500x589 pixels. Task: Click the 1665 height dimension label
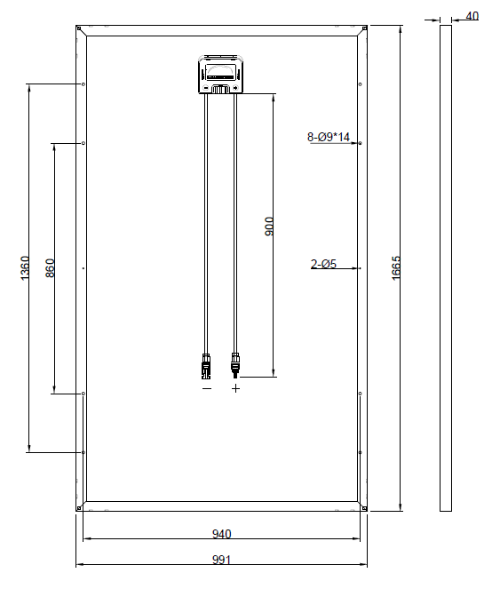coord(396,268)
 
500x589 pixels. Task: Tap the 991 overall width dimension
coord(222,560)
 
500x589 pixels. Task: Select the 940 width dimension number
coord(222,534)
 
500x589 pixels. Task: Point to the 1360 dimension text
coord(24,268)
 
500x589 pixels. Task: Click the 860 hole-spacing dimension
coord(50,268)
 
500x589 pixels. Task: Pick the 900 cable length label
coord(269,227)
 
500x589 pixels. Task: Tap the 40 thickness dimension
coord(472,16)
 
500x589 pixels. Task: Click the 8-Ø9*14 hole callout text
coord(329,137)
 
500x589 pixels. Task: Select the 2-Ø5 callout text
coord(323,264)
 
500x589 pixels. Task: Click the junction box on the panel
coord(220,75)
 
